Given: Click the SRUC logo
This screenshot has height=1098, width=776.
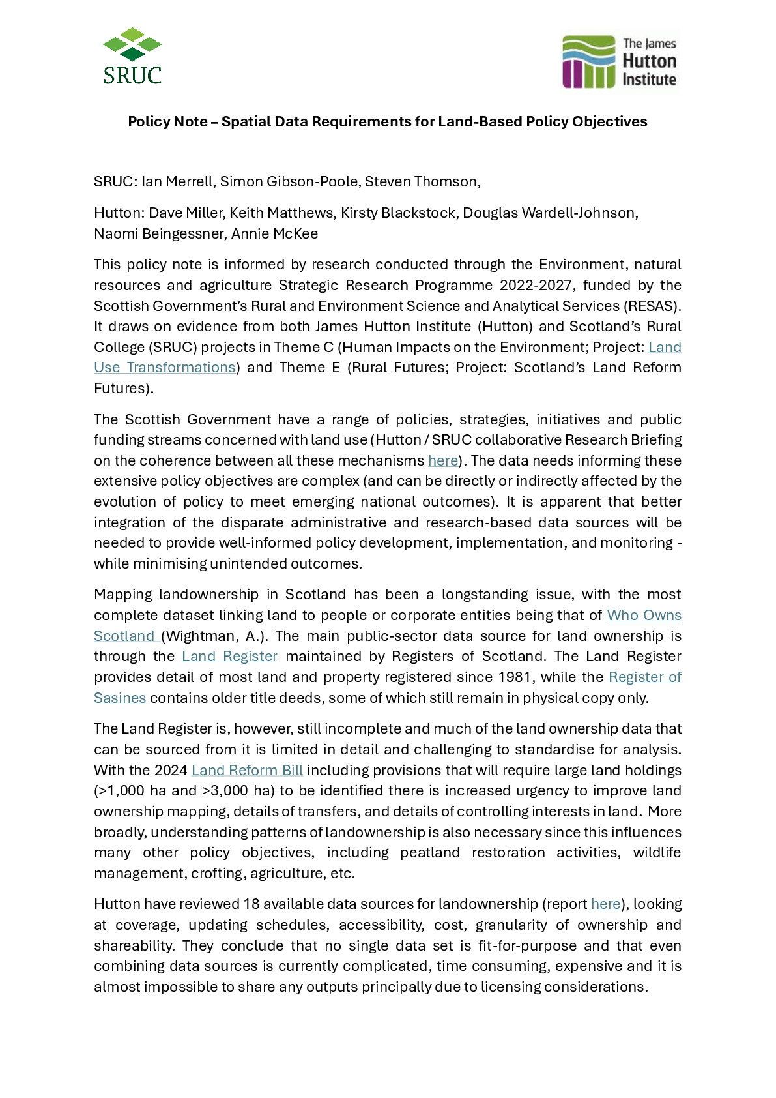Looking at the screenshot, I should pos(132,56).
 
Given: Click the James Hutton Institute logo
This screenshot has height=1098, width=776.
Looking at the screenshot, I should pos(619,62).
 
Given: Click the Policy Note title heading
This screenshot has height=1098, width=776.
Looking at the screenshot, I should pos(387,122).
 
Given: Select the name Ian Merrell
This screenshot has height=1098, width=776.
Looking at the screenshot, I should pos(178,182).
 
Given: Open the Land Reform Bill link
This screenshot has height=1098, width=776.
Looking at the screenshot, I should pos(247,771).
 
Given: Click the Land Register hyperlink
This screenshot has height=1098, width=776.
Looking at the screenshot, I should pos(229,657).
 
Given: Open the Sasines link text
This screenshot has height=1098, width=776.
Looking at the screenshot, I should pos(120,698).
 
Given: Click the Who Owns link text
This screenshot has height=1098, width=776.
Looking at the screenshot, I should pos(644,616).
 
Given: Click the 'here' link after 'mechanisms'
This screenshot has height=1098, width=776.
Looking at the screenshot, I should pos(443,461).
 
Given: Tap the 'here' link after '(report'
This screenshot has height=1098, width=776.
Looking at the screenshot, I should pos(605,904).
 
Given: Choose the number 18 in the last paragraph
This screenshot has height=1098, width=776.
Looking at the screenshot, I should pos(251,904).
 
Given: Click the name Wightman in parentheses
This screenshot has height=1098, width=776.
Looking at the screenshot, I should pos(199,636).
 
